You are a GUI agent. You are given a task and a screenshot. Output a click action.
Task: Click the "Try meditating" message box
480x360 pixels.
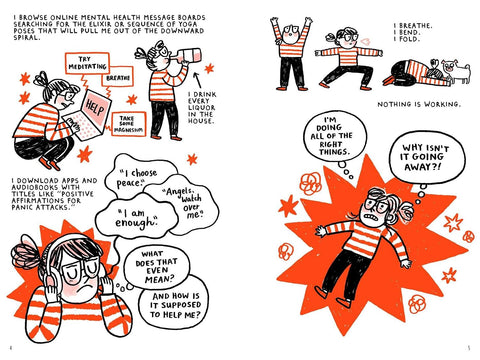pyautogui.click(x=87, y=63)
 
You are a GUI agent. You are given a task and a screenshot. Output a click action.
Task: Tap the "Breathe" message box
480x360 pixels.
pyautogui.click(x=118, y=77)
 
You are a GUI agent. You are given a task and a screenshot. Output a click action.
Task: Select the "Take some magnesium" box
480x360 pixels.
pyautogui.click(x=128, y=124)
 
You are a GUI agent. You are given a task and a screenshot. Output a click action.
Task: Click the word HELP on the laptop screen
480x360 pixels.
pyautogui.click(x=95, y=108)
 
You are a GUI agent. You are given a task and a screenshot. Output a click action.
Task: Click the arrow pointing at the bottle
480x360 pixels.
pyautogui.click(x=198, y=80)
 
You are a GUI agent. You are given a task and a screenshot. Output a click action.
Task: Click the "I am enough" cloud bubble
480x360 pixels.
pyautogui.click(x=137, y=217)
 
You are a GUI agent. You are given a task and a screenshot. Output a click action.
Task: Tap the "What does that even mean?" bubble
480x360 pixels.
pyautogui.click(x=157, y=268)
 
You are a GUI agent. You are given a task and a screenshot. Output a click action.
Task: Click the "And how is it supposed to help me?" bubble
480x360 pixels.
pyautogui.click(x=174, y=305)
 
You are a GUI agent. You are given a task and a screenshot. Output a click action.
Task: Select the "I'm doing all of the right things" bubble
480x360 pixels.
pyautogui.click(x=335, y=136)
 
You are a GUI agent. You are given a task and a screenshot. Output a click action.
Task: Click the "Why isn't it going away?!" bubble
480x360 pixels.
pyautogui.click(x=426, y=157)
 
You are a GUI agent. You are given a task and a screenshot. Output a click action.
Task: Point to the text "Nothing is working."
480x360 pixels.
pyautogui.click(x=419, y=104)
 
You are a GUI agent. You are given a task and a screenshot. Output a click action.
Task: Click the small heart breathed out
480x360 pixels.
pyautogui.click(x=366, y=41)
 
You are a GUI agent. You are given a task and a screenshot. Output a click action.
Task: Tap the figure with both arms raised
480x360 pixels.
pyautogui.click(x=292, y=54)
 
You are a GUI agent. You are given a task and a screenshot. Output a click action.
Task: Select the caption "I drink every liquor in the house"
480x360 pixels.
pyautogui.click(x=202, y=107)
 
